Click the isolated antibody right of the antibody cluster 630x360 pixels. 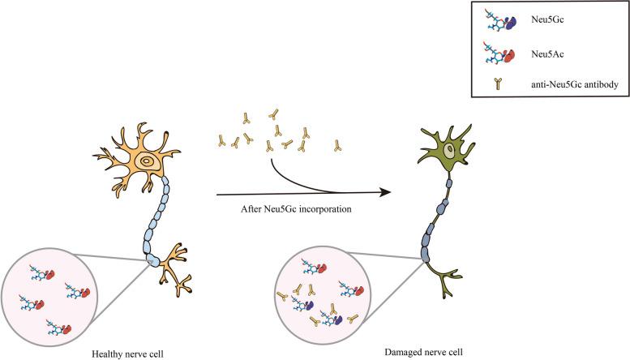coord(338,146)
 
